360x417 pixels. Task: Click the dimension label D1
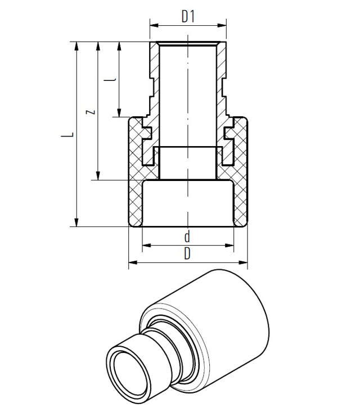(x=188, y=17)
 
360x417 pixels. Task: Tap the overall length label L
(x=67, y=134)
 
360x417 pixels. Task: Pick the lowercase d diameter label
(x=187, y=235)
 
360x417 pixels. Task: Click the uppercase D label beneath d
(x=187, y=253)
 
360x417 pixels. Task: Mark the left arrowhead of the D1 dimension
(x=153, y=25)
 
